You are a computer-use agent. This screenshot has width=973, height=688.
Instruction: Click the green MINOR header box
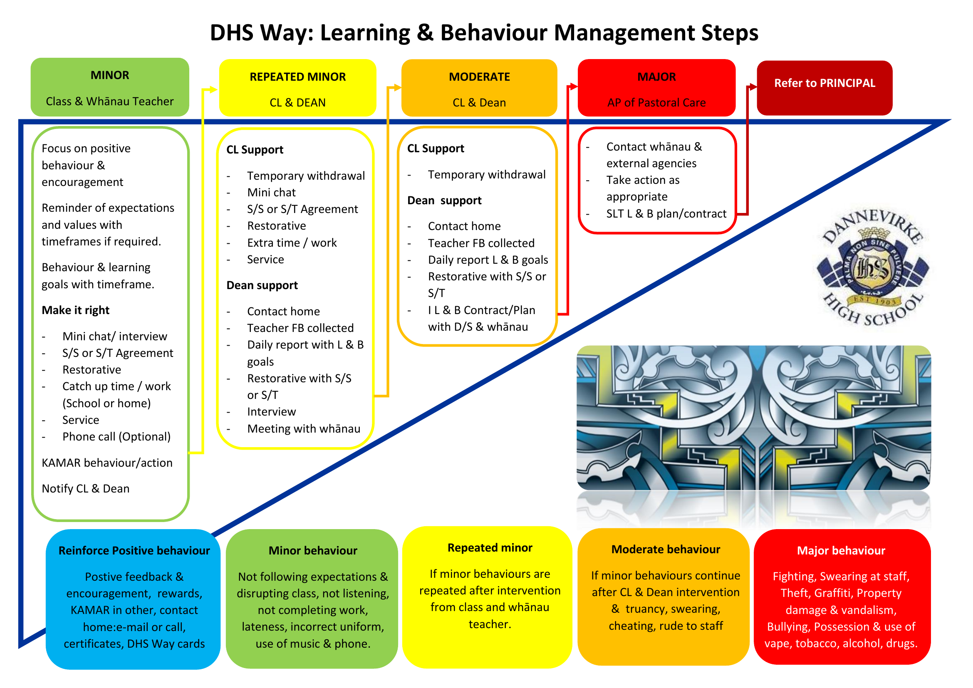(110, 87)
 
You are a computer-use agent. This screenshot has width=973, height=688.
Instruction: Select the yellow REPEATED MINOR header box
(297, 88)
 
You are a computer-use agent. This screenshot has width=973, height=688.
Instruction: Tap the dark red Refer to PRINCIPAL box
(824, 88)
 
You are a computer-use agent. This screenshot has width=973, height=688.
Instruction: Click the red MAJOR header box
(656, 88)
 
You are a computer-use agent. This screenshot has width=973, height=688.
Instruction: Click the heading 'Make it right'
(75, 310)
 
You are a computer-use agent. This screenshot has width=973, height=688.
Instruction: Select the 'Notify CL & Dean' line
(86, 488)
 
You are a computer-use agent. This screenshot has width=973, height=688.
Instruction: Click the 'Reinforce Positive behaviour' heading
(134, 550)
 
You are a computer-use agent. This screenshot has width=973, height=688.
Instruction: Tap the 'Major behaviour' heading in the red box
(841, 550)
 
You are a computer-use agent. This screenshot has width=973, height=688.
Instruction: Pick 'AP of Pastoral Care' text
(656, 102)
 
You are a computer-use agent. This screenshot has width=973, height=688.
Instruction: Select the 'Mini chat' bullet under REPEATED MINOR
(271, 192)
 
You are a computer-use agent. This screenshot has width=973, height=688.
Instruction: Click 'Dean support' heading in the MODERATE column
(444, 200)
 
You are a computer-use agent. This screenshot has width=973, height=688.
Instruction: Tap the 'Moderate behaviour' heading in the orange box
(666, 549)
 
